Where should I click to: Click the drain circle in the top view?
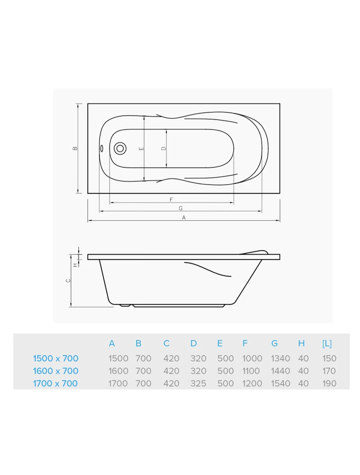[x=120, y=149]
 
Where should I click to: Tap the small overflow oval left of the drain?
[x=102, y=149]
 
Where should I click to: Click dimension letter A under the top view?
[x=184, y=217]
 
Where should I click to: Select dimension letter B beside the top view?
[x=76, y=148]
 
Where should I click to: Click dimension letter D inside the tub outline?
[x=163, y=149]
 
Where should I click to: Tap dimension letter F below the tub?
[x=171, y=199]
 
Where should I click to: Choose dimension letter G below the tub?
[x=180, y=208]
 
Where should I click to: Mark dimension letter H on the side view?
[x=76, y=264]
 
